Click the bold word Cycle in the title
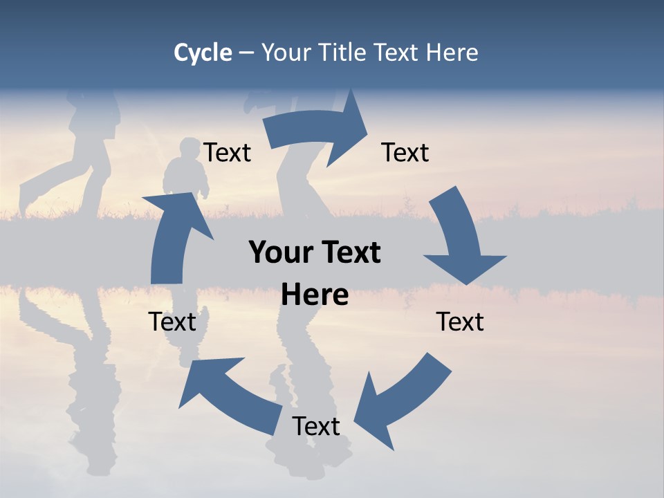click(x=202, y=53)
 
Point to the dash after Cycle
click(x=246, y=53)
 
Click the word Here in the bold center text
click(x=315, y=295)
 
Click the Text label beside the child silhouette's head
click(x=227, y=152)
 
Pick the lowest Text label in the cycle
click(x=316, y=426)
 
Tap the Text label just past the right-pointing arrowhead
click(x=405, y=152)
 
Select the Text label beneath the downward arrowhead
click(x=460, y=322)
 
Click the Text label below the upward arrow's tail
click(x=172, y=322)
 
